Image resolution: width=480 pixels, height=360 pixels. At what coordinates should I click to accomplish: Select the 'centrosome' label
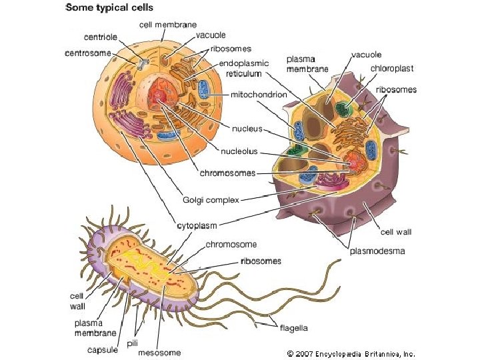(87, 52)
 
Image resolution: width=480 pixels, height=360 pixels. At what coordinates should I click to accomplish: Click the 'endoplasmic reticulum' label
(244, 69)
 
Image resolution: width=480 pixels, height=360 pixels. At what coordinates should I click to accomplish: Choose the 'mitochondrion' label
(259, 95)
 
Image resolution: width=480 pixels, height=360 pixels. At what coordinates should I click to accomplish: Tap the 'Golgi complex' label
(210, 199)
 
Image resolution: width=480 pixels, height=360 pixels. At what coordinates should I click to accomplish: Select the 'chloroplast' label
(392, 68)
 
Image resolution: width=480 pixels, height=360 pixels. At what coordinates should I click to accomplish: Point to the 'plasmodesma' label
(377, 251)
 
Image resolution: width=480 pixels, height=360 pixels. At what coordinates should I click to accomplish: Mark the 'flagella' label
(293, 327)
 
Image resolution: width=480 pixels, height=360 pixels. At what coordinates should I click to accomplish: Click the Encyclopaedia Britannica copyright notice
(350, 354)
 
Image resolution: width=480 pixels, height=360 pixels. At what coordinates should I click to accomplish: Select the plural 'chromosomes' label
(227, 173)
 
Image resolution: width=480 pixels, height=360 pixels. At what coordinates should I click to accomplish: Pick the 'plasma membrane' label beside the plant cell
(307, 63)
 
